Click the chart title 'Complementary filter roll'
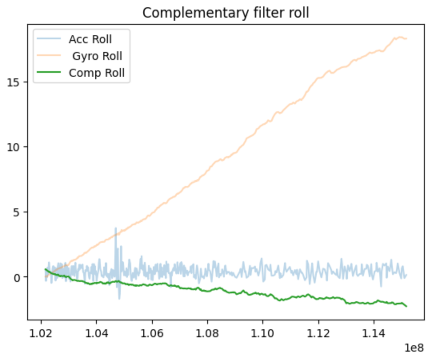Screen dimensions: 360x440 tap(226, 13)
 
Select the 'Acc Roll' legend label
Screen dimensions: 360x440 tap(90, 39)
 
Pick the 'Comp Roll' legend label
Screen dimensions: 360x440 tap(96, 73)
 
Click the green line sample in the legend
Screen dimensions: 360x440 tap(49, 73)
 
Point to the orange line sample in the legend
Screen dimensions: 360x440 tap(49, 56)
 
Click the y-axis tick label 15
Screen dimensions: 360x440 tap(15, 82)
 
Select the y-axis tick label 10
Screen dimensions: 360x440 tap(15, 147)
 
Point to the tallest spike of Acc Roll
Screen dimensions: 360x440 tap(116, 228)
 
